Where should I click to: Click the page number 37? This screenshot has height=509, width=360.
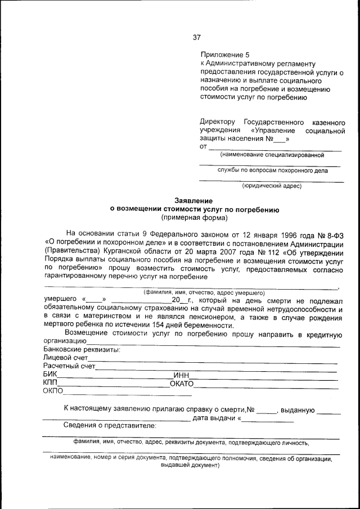point(196,38)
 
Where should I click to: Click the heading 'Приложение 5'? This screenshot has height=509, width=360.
point(224,55)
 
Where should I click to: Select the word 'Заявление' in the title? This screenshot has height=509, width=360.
point(193,201)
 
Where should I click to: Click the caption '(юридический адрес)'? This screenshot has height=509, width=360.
point(272,186)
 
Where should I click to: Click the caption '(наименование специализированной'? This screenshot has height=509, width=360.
point(272,154)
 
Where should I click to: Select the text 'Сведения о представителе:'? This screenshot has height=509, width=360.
point(110,425)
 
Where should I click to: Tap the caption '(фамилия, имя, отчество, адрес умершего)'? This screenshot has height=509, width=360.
point(204,293)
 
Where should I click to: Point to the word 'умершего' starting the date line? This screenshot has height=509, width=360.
point(60,300)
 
